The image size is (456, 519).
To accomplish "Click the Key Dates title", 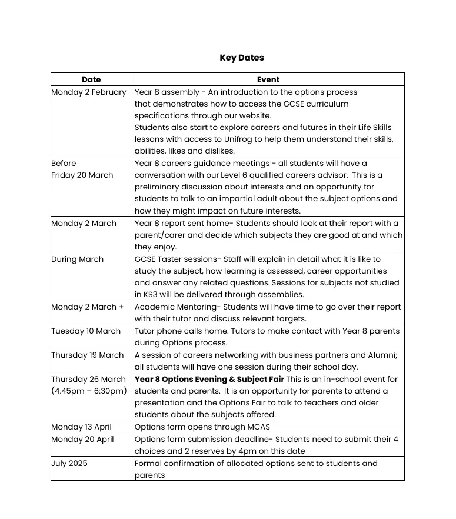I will (241, 58).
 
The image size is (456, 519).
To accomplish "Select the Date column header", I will (91, 79).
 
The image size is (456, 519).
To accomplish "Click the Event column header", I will (268, 79).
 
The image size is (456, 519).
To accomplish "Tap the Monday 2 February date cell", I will (89, 92).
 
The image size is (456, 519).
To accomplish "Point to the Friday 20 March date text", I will (82, 175).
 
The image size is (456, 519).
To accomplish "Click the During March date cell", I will (78, 259).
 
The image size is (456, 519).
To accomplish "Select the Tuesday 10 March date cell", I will (86, 331).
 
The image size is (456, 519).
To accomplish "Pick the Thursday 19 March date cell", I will (88, 355).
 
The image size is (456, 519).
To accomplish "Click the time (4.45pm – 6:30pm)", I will (89, 391).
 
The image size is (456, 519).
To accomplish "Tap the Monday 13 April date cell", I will (81, 427).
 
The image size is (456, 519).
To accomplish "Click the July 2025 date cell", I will (69, 464).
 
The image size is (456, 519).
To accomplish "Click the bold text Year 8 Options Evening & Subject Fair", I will (209, 380).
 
